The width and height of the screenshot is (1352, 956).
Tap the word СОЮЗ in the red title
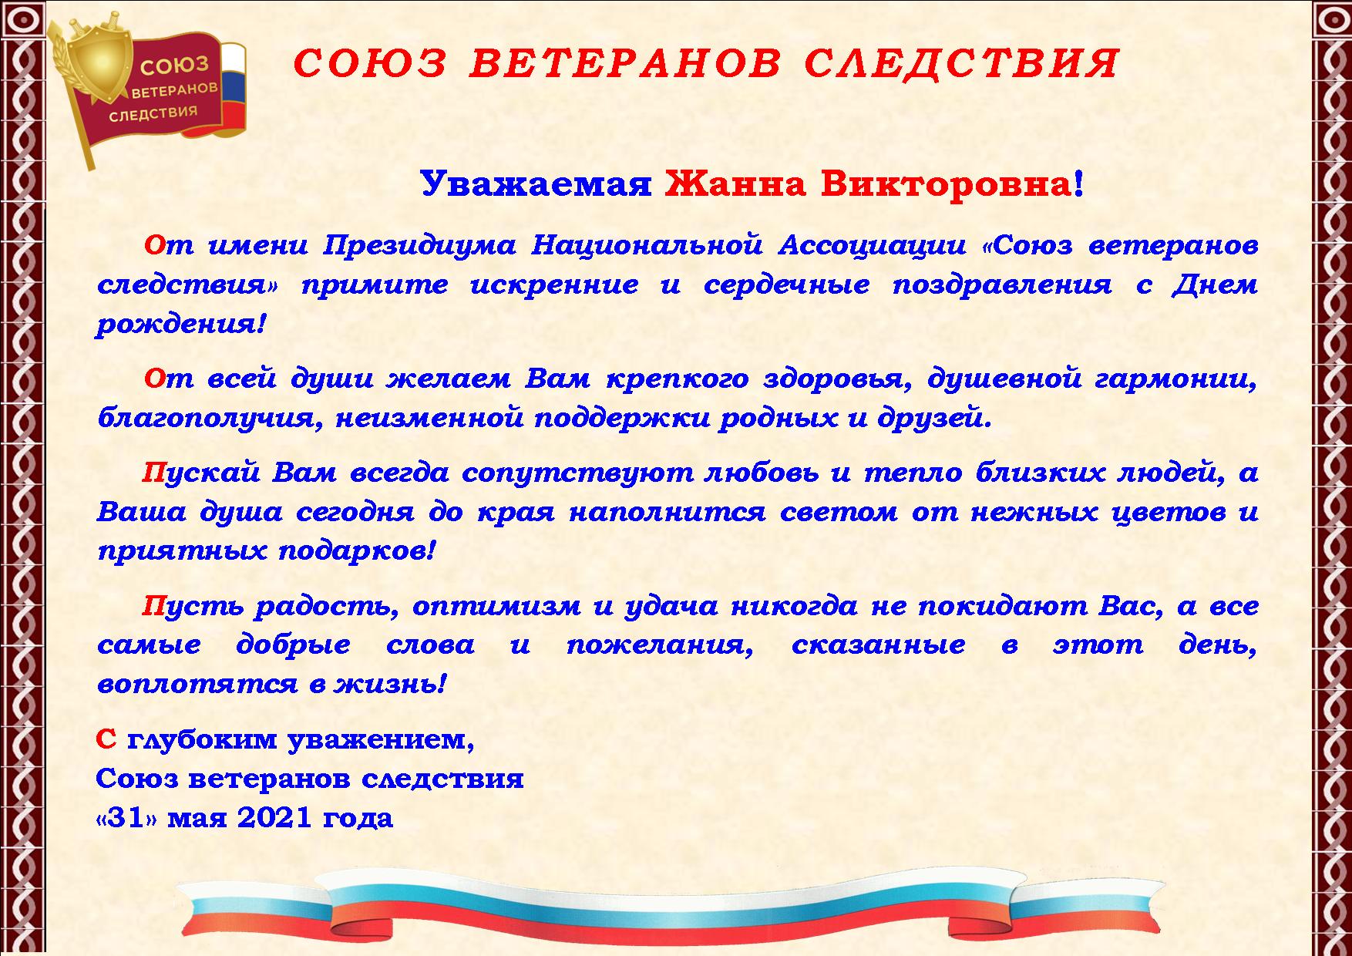(371, 63)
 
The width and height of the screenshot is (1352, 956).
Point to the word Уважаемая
(536, 183)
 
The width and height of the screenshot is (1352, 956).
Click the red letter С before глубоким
(106, 739)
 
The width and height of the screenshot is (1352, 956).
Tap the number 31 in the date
(126, 817)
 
